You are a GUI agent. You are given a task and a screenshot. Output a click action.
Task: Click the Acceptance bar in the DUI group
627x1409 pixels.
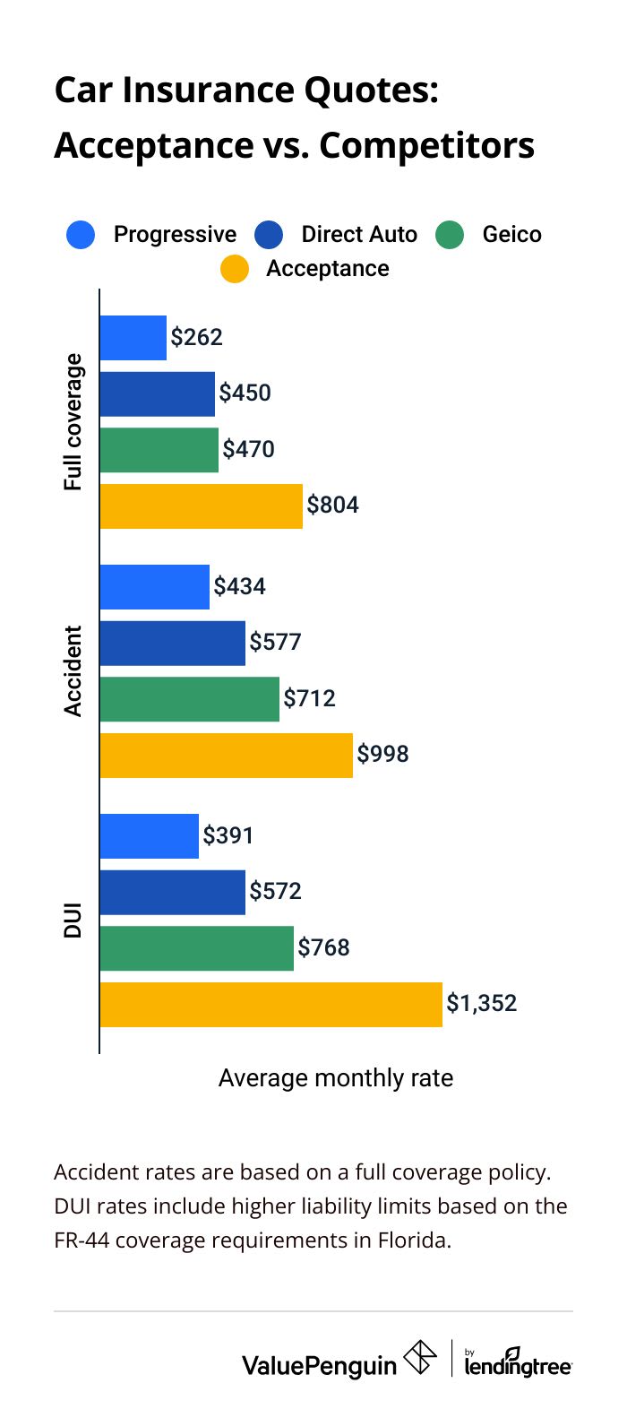coord(271,1005)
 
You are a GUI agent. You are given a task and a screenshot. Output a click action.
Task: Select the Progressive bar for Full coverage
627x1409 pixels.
coord(133,338)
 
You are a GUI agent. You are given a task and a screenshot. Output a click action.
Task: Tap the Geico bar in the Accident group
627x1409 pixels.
coord(189,699)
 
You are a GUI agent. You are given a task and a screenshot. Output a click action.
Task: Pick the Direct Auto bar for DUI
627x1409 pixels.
coord(172,892)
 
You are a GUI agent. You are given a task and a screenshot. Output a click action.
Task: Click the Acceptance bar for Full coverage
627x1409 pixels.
coord(201,506)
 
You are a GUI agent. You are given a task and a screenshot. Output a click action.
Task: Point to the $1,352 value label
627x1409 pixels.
coord(482,1003)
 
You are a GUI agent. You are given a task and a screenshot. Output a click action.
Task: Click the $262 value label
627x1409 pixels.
coord(197,337)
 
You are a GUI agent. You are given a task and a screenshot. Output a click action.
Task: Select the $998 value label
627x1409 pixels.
coord(382,754)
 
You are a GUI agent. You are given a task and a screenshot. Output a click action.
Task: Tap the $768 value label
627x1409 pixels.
coord(323,947)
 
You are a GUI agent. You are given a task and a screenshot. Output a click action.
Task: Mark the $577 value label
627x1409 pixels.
coord(275,642)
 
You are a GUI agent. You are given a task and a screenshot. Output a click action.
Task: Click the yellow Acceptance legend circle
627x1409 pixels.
coord(235,269)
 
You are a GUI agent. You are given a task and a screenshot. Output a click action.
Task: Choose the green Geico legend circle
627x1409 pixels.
coord(450,235)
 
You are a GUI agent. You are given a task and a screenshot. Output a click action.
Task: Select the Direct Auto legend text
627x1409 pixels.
coord(359,235)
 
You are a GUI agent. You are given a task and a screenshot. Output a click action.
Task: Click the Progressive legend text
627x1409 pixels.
coord(175,235)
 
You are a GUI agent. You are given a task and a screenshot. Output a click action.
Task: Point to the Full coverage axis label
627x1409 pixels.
coord(73,421)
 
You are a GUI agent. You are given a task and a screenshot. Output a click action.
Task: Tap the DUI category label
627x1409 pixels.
coord(73,921)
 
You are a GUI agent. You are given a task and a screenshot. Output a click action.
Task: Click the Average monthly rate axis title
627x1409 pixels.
coord(335,1077)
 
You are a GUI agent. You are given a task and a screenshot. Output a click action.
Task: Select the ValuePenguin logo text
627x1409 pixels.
coord(319,1365)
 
